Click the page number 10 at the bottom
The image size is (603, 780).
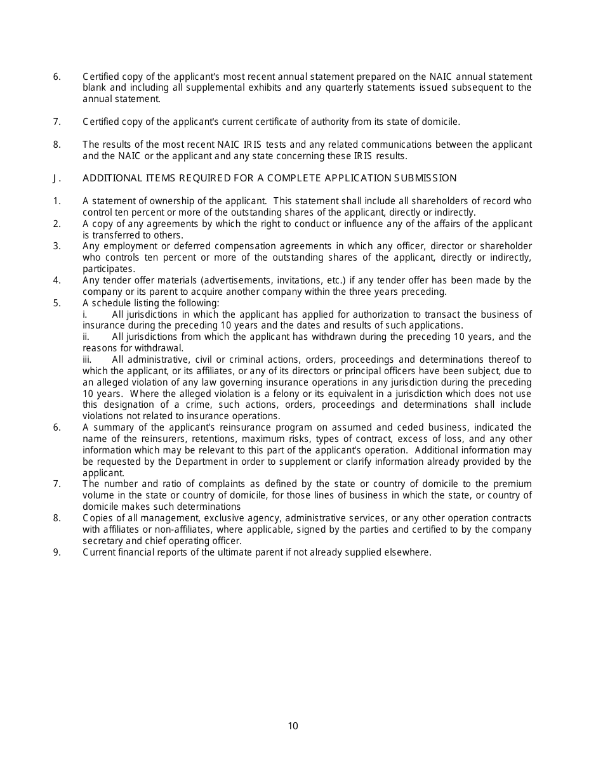coord(293,726)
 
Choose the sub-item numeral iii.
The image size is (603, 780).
coord(88,360)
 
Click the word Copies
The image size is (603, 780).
coord(97,518)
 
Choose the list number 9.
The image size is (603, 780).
coord(56,552)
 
